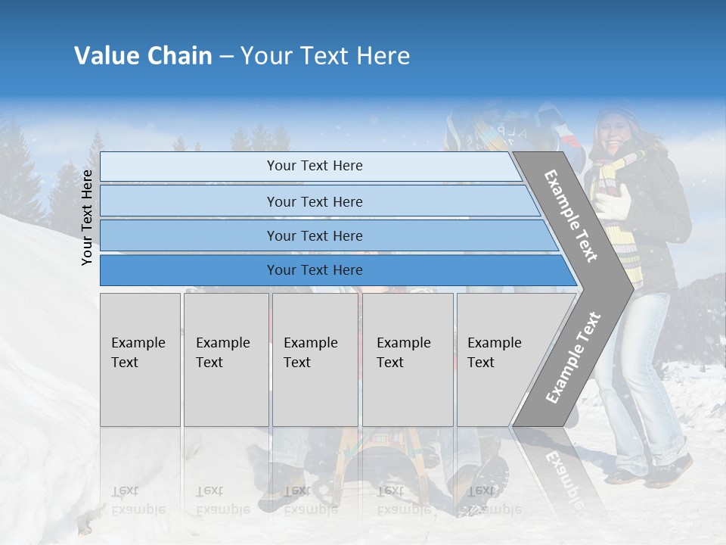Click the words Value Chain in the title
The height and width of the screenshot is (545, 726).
pyautogui.click(x=143, y=56)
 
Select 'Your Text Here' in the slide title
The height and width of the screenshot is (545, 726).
pyautogui.click(x=325, y=56)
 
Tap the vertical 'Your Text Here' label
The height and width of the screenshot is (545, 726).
pyautogui.click(x=87, y=217)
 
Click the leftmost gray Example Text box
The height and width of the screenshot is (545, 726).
pyautogui.click(x=140, y=360)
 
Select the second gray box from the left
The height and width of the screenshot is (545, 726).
pyautogui.click(x=225, y=360)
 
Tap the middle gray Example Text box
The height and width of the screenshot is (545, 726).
pyautogui.click(x=315, y=360)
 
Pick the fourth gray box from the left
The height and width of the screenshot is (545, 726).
pyautogui.click(x=407, y=360)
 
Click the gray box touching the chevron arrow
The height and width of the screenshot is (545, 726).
pyautogui.click(x=499, y=360)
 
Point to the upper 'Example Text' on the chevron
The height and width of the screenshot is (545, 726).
pyautogui.click(x=571, y=215)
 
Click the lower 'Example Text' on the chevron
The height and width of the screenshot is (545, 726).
pyautogui.click(x=572, y=358)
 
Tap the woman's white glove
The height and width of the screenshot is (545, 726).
pyautogui.click(x=615, y=201)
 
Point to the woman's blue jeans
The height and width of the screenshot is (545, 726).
pyautogui.click(x=643, y=378)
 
